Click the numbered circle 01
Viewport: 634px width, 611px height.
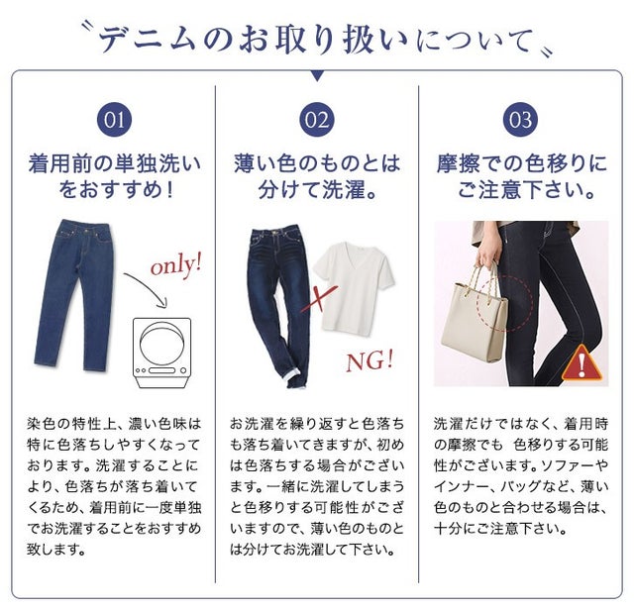tap(115, 120)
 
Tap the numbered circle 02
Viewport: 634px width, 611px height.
tap(317, 120)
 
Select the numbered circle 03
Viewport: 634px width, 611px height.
tap(520, 120)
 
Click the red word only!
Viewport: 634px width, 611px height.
tap(176, 265)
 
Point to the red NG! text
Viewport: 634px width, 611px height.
tap(370, 360)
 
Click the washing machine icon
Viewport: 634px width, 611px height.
tap(162, 353)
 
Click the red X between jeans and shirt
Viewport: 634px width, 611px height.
tap(318, 299)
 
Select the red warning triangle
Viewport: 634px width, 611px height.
tap(581, 363)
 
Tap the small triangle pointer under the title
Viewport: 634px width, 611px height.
tap(317, 75)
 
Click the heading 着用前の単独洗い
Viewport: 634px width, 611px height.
tap(115, 163)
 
